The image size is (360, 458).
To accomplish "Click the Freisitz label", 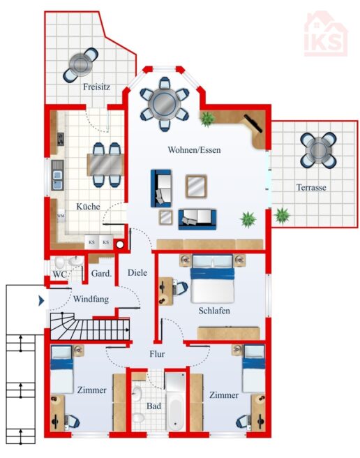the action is click(x=96, y=87).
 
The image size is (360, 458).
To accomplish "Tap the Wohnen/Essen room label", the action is click(x=194, y=150).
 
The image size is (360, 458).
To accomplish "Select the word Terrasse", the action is click(x=311, y=187).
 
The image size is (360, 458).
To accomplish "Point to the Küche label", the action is click(x=88, y=207).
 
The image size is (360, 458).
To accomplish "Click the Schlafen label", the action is click(x=214, y=311).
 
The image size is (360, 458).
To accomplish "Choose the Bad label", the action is click(x=153, y=406).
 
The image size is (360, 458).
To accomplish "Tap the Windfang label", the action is click(x=91, y=299).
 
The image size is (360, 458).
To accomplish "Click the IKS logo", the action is click(x=326, y=34).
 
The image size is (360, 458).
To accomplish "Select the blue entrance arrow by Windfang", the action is click(x=41, y=300).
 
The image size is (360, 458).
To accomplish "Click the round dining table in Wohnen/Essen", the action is click(x=165, y=104).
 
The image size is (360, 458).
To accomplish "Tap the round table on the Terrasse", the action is click(x=318, y=150).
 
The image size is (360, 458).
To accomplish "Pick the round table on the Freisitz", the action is click(x=81, y=65).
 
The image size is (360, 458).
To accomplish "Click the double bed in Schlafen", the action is click(x=213, y=279).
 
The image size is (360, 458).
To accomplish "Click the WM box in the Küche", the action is click(x=61, y=216).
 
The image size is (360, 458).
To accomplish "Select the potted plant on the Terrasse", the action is click(x=282, y=216).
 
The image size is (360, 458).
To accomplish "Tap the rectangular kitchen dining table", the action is click(x=105, y=165).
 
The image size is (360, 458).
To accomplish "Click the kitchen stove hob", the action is click(x=61, y=139).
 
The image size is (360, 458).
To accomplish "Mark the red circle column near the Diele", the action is click(x=120, y=245).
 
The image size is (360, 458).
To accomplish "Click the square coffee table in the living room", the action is click(x=196, y=186).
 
